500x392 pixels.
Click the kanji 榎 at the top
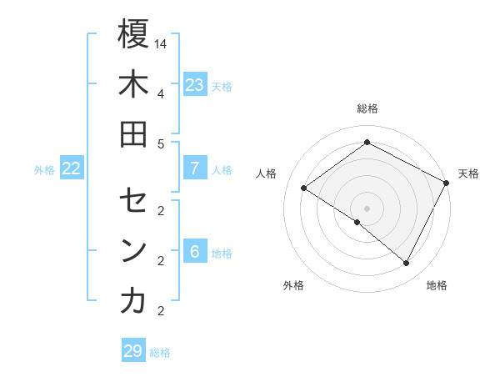pyautogui.click(x=133, y=34)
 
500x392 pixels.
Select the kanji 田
pyautogui.click(x=133, y=133)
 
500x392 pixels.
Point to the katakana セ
pyautogui.click(x=133, y=201)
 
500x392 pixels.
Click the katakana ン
pyautogui.click(x=133, y=251)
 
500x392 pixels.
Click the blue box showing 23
pyautogui.click(x=195, y=85)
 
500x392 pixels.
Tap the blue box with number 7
pyautogui.click(x=195, y=168)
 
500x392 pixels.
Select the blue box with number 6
pyautogui.click(x=195, y=252)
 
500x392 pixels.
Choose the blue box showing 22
pyautogui.click(x=72, y=168)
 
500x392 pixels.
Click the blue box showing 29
pyautogui.click(x=132, y=351)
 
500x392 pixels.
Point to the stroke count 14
pyautogui.click(x=162, y=43)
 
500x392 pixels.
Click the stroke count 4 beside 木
pyautogui.click(x=161, y=93)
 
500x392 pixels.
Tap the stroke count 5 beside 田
pyautogui.click(x=161, y=143)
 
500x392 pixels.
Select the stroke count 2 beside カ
pyautogui.click(x=161, y=311)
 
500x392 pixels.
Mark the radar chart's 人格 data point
pyautogui.click(x=303, y=188)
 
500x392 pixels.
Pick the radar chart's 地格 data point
pyautogui.click(x=407, y=264)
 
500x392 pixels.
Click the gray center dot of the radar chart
pyautogui.click(x=367, y=208)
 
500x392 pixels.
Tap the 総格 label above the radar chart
pyautogui.click(x=367, y=108)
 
